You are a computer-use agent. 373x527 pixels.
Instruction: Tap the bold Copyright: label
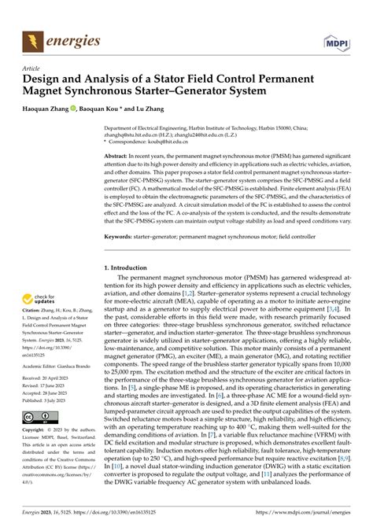point(35,454)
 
